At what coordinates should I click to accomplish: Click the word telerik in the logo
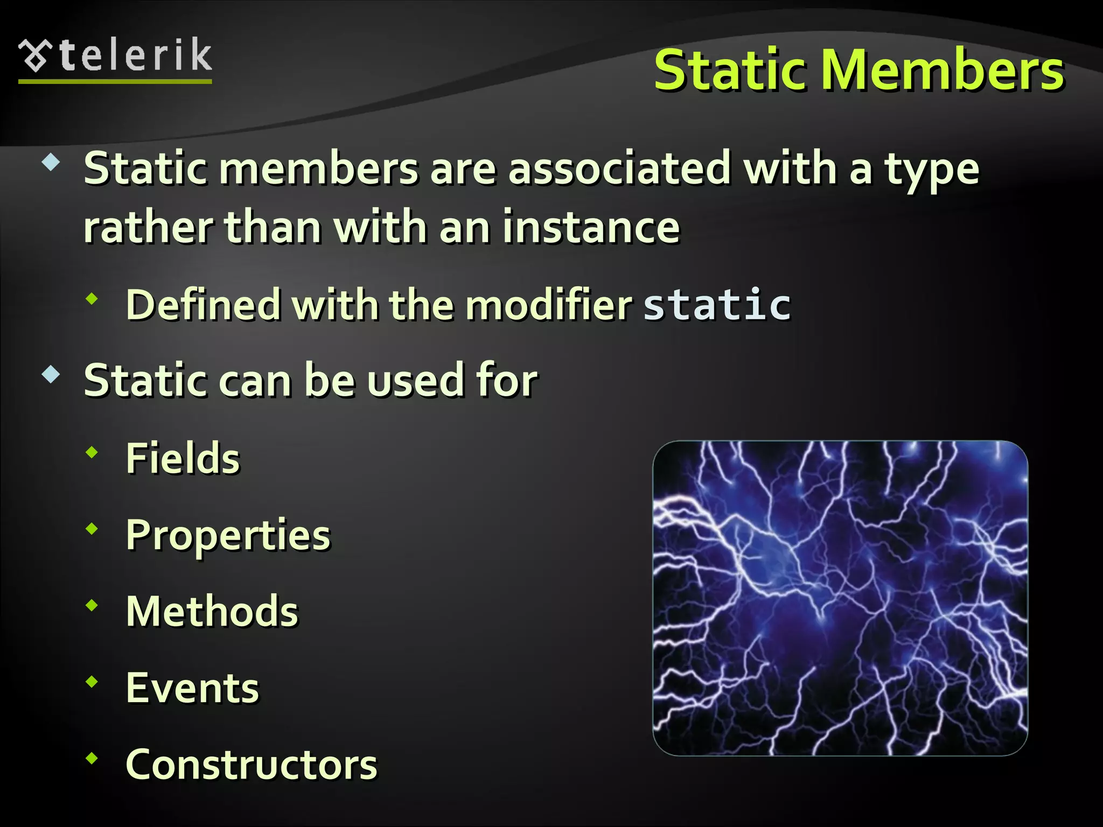tap(136, 55)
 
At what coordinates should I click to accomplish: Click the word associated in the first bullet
tap(619, 169)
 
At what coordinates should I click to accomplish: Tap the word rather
tap(148, 228)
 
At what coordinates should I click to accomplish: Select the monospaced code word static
tap(717, 305)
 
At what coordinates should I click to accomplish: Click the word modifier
tap(549, 305)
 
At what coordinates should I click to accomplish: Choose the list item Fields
tap(183, 458)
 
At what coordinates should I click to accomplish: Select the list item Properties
tap(228, 536)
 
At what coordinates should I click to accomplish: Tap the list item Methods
tap(212, 612)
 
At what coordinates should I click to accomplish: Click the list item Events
tap(192, 688)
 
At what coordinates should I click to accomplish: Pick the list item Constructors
tap(252, 765)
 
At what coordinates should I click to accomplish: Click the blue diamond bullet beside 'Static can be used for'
tap(51, 374)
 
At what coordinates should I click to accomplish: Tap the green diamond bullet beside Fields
tap(93, 453)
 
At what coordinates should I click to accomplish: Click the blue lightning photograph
tap(840, 598)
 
